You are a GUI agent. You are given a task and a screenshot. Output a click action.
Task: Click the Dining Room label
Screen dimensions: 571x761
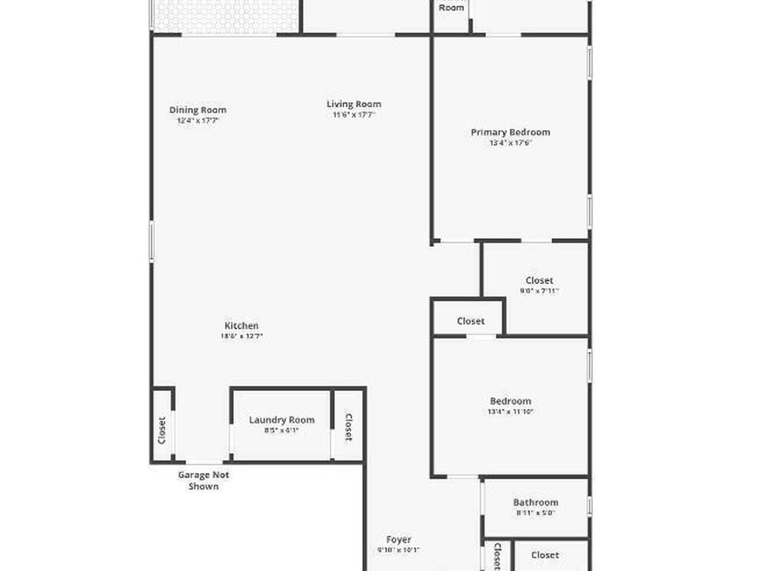tap(198, 110)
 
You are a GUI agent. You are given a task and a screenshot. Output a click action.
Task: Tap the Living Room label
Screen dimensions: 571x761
tap(354, 104)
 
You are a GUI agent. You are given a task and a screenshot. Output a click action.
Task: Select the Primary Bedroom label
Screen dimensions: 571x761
tap(511, 132)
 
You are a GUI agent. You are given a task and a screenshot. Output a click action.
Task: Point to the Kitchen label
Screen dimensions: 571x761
tap(242, 326)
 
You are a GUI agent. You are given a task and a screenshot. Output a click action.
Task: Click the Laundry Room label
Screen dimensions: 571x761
tap(282, 420)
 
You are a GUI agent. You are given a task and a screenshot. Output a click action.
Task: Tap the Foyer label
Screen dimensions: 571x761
tap(398, 540)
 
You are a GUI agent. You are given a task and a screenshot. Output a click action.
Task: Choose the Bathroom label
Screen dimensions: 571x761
tap(536, 503)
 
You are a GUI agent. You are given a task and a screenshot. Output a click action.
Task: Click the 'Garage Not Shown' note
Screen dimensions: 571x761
tap(203, 480)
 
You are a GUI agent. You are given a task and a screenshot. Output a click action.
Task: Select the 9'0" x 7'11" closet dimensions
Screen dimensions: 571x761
tap(539, 291)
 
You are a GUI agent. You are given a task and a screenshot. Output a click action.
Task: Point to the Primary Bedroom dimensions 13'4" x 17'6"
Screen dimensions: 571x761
tap(511, 143)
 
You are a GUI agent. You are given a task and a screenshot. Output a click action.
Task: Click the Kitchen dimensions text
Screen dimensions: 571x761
tap(242, 336)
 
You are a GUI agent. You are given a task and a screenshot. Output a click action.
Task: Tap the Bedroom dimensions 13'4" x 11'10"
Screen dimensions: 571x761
tap(511, 411)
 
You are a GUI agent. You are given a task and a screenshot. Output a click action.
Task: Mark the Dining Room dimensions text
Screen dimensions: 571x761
tap(198, 120)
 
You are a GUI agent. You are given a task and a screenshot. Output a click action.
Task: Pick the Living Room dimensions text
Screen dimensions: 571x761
tap(354, 114)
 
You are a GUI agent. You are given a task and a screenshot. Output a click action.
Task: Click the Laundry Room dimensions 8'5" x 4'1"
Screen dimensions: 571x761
tap(282, 430)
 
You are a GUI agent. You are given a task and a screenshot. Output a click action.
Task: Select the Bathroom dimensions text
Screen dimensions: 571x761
tap(536, 512)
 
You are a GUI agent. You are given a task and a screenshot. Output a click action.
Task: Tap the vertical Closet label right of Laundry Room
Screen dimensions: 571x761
tap(348, 427)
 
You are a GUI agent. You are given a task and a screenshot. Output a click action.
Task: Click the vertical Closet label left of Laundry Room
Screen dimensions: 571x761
tap(162, 430)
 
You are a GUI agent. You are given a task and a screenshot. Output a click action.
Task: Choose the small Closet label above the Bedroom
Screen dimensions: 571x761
tap(470, 321)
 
